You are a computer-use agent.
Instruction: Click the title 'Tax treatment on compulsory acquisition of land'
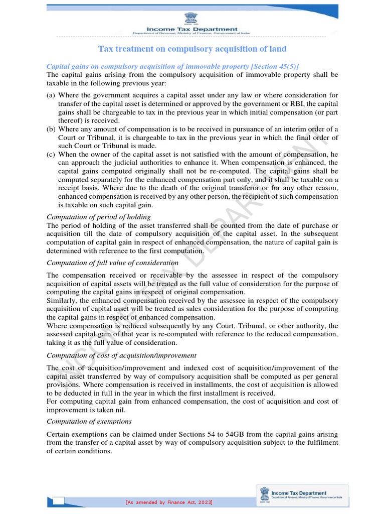[192, 49]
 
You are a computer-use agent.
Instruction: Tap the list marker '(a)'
[51, 95]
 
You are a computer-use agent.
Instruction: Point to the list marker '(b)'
[51, 129]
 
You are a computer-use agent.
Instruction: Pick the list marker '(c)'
[51, 155]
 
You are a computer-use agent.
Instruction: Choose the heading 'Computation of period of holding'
[98, 217]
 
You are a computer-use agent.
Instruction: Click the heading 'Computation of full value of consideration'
[112, 263]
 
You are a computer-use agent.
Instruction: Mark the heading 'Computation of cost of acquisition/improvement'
[121, 355]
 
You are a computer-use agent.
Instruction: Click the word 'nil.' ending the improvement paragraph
[126, 410]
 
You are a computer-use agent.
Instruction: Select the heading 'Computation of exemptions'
[89, 421]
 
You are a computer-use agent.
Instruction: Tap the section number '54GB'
[216, 434]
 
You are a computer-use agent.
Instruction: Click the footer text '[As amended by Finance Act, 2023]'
[169, 502]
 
